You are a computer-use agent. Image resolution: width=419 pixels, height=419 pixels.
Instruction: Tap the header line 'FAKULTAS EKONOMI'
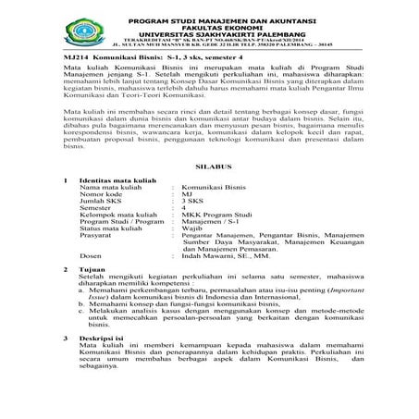[209, 27]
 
